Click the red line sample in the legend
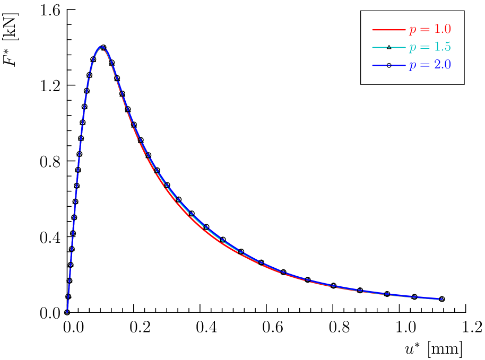(x=388, y=30)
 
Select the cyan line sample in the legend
(x=388, y=47)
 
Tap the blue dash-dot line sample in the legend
(x=388, y=65)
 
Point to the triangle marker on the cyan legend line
(x=389, y=47)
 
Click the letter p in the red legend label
(x=412, y=31)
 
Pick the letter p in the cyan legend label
(x=412, y=48)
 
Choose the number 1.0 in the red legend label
(x=442, y=30)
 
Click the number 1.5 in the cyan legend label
(x=442, y=47)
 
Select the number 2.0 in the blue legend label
(x=442, y=65)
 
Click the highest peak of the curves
(x=101, y=47)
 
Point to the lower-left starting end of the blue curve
(x=67, y=312)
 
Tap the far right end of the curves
(x=441, y=299)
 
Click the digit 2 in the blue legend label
(x=436, y=65)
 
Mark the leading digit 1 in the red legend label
(x=436, y=30)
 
